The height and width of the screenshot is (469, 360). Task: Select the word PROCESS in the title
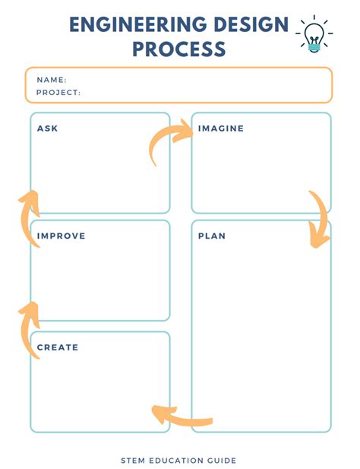[x=179, y=49]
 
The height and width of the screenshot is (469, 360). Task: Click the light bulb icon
[x=314, y=35]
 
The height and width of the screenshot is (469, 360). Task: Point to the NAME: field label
[x=51, y=79]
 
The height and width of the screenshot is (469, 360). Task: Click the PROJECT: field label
[x=58, y=93]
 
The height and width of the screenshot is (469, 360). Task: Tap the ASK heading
[x=47, y=128]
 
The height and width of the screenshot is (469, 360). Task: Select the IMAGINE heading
[x=221, y=128]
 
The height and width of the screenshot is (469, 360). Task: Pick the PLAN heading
[x=212, y=236]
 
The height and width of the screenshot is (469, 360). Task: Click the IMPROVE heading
[x=61, y=236]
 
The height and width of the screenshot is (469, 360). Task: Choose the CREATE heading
[x=58, y=347]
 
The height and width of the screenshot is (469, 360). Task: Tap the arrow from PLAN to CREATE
[x=181, y=416]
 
